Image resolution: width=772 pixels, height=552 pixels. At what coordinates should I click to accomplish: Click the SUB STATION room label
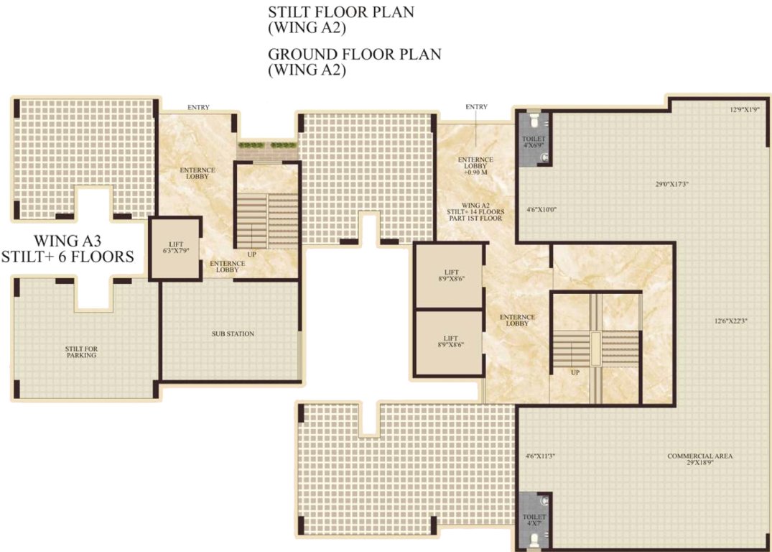(233, 333)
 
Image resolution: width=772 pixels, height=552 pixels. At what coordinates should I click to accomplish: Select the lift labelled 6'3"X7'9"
(175, 249)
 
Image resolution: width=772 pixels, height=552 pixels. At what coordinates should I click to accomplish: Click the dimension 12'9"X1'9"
(743, 110)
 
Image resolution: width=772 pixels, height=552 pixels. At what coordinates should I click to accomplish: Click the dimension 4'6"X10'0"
(542, 210)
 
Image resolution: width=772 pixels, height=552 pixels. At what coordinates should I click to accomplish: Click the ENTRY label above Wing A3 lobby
(198, 108)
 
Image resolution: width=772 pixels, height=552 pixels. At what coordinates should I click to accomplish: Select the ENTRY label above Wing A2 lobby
(476, 107)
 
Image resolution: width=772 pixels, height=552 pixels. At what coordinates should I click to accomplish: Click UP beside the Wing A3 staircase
(252, 254)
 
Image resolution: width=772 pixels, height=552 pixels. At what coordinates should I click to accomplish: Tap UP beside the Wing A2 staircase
(575, 373)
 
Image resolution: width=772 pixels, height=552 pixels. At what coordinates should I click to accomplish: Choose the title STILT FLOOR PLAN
(340, 13)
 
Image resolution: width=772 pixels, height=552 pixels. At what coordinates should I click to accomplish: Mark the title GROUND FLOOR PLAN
(354, 54)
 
